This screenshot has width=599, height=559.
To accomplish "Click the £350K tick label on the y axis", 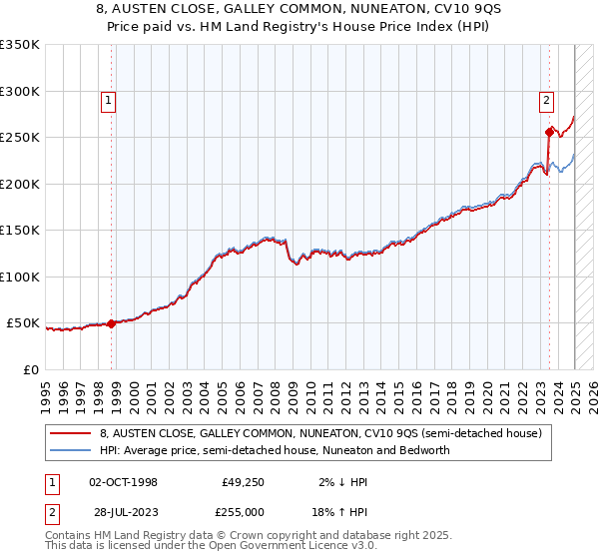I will [20, 45].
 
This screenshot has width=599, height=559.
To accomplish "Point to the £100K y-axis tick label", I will [20, 277].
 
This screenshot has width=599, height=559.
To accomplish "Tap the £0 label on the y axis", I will [30, 369].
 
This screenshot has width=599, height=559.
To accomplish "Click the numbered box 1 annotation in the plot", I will [107, 99].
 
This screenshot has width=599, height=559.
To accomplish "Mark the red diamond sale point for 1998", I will [112, 323].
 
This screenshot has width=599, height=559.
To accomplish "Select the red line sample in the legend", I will [70, 434].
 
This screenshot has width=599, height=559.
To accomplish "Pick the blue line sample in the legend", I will [70, 450].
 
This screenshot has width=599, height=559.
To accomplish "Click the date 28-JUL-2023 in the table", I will [123, 511].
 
